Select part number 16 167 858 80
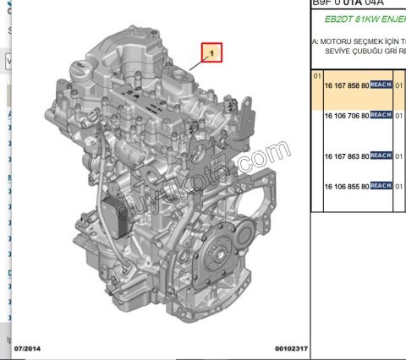pos(346,85)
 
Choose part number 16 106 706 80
pos(346,115)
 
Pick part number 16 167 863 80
pos(346,156)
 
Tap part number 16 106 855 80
pos(346,186)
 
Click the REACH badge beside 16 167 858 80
pos(381,85)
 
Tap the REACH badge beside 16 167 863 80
pos(381,156)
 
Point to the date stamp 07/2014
pos(26,348)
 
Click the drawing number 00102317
pos(291,348)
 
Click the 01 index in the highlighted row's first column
pos(317,74)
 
